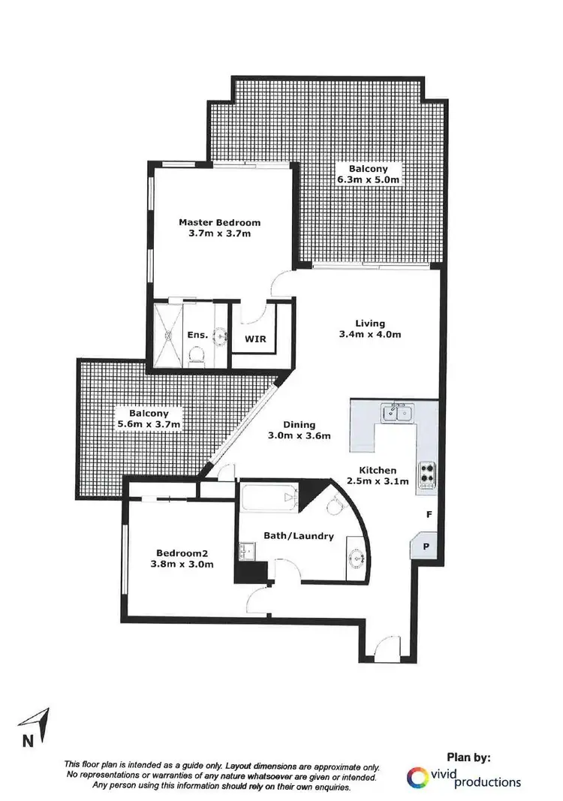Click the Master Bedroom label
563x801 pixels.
coord(219,222)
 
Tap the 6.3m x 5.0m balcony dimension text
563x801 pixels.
coord(367,180)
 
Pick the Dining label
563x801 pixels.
coord(299,424)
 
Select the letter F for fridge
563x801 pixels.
coord(429,515)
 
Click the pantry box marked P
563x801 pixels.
coord(426,547)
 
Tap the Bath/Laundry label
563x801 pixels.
coord(298,536)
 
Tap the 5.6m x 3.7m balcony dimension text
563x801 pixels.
coord(147,424)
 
